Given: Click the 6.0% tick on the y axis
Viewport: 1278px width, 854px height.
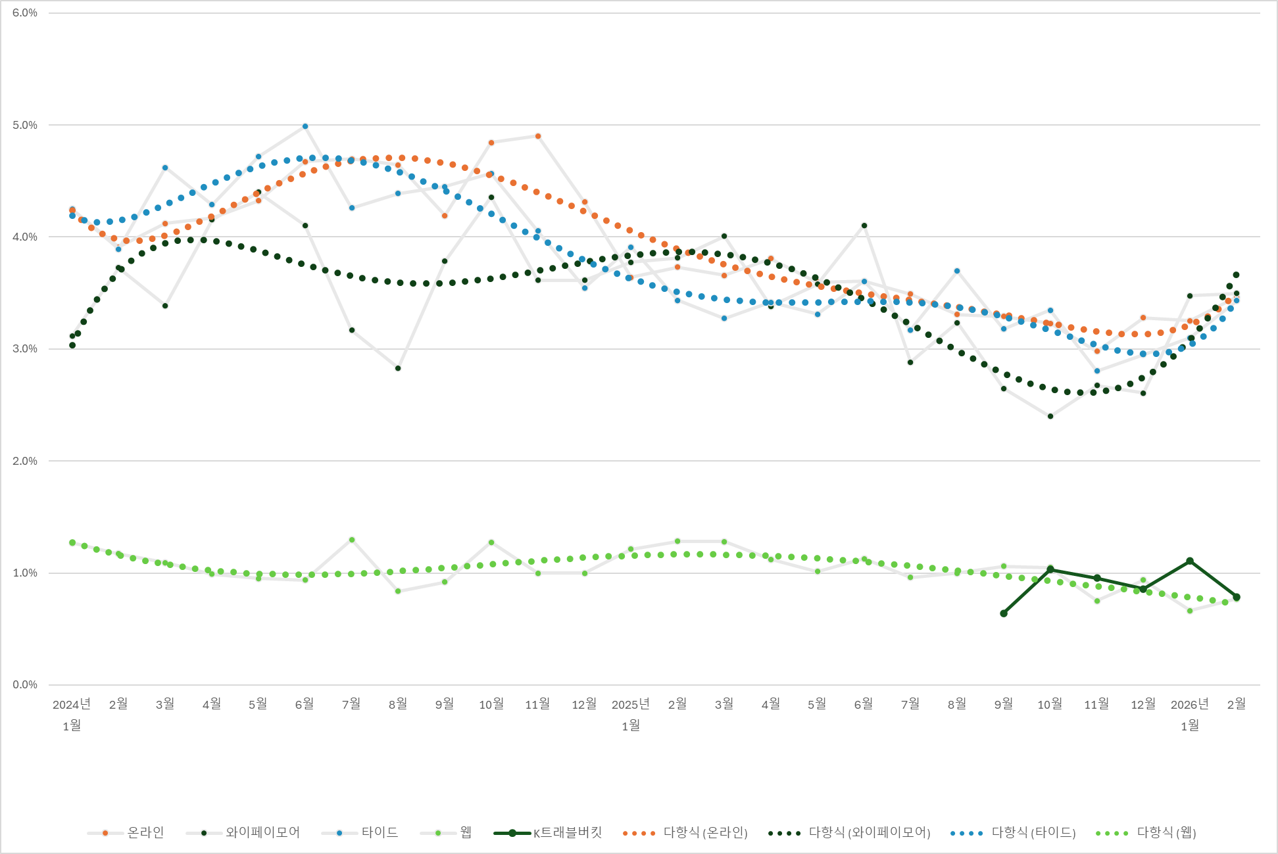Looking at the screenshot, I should [x=25, y=13].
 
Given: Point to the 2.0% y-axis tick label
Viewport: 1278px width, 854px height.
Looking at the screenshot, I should [x=25, y=461].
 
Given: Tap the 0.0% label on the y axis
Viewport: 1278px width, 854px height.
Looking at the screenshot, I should [x=25, y=685].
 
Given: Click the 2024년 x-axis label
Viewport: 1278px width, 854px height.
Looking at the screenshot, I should [x=72, y=705].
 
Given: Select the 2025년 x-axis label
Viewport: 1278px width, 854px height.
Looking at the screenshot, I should [x=631, y=705].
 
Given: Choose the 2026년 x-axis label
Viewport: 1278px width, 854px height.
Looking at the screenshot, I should [x=1189, y=705].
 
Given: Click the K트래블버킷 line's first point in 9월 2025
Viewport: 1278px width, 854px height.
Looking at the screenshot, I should [x=1004, y=613].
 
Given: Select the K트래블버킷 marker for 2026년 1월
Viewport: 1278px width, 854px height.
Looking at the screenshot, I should [x=1190, y=561].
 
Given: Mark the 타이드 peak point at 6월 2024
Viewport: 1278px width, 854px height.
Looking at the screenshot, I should [x=305, y=126].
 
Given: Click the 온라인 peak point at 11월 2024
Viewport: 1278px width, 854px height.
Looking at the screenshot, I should [x=538, y=136].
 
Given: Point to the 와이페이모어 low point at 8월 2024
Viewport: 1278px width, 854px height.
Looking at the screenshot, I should [x=398, y=368].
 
